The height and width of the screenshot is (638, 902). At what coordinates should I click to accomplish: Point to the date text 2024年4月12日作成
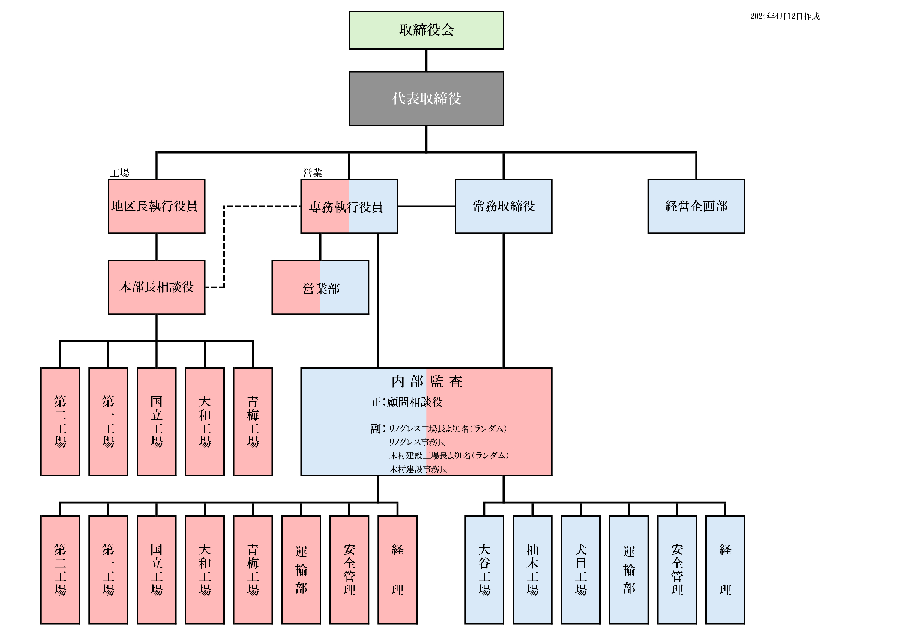[x=784, y=16]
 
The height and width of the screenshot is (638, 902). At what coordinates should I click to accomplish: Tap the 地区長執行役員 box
[x=156, y=206]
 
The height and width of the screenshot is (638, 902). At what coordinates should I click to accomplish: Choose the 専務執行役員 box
[x=349, y=206]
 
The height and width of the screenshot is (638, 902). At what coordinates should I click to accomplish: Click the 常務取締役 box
[x=503, y=206]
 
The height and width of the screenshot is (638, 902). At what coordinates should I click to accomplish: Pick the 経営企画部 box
[x=696, y=206]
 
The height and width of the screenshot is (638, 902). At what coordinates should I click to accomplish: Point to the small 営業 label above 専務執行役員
[x=312, y=172]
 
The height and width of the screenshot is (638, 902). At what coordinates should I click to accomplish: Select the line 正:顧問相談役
[x=407, y=402]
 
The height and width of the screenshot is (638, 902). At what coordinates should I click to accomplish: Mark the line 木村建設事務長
[x=418, y=469]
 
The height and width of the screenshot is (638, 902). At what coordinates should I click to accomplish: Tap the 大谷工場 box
[x=484, y=570]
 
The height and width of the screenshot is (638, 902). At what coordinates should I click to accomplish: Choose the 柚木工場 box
[x=532, y=570]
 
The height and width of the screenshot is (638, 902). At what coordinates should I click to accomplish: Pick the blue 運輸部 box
[x=629, y=570]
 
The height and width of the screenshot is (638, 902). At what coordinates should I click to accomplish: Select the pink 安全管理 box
[x=349, y=570]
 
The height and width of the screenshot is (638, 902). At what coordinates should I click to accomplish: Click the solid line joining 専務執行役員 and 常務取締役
[x=426, y=206]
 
